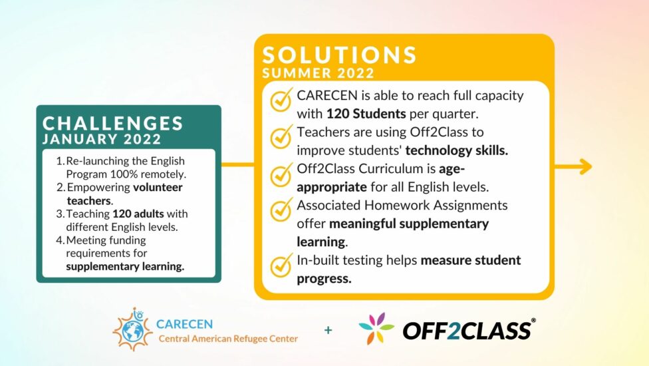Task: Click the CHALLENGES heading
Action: point(113,123)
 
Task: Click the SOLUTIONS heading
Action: point(339,55)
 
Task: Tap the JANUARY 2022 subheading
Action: point(102,139)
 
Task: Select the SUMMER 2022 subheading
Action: point(319,73)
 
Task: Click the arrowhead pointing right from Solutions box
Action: point(585,166)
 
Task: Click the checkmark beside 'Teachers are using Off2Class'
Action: point(281,138)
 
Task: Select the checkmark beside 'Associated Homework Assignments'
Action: point(281,210)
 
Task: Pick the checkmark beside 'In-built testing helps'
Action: point(281,265)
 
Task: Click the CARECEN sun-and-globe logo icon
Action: point(132,329)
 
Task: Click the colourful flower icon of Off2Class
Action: point(376,329)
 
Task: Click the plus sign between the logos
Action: point(328,330)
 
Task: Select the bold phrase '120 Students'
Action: point(366,113)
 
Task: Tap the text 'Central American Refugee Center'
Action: point(228,339)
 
